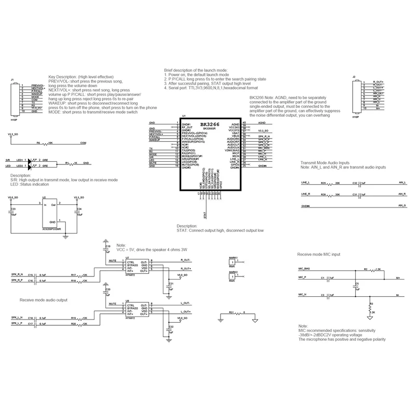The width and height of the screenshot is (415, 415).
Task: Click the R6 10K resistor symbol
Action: [x=44, y=143]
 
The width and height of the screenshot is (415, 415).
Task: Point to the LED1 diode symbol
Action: [x=29, y=160]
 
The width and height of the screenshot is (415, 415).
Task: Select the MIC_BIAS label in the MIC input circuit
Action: [x=305, y=270]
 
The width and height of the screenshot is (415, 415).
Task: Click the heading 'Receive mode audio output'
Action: [x=43, y=300]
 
